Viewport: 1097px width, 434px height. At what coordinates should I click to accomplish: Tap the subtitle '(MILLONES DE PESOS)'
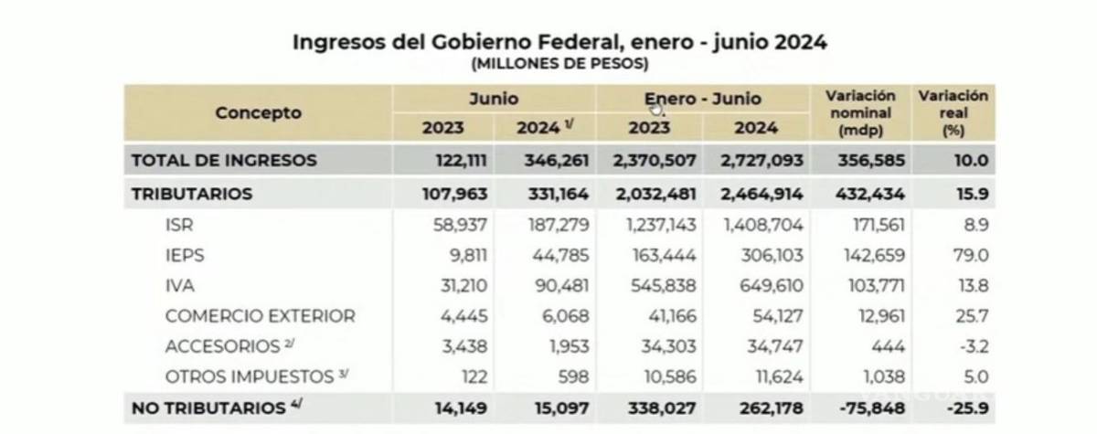point(559,64)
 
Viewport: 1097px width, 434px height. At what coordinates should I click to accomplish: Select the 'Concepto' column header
point(258,113)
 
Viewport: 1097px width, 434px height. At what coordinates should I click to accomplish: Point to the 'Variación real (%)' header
point(953,112)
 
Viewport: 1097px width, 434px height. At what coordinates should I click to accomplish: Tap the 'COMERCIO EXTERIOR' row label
point(260,316)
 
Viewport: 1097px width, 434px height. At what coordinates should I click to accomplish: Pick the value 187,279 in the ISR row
point(554,226)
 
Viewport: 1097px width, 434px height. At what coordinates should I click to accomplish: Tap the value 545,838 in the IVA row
point(661,286)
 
